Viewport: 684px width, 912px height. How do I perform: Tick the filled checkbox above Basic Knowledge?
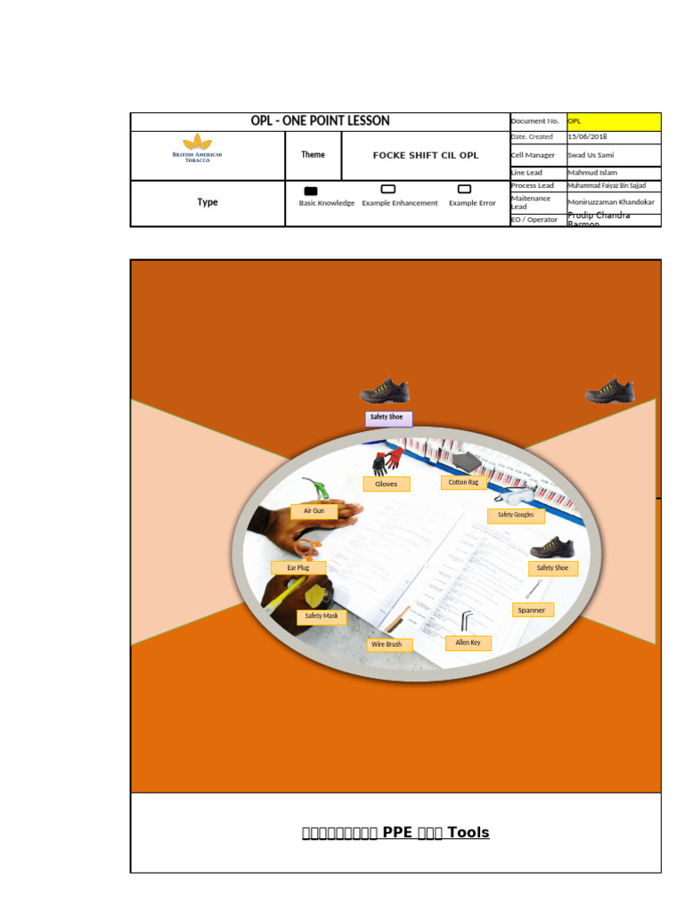pos(311,191)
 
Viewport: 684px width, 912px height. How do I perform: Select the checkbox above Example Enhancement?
pos(388,190)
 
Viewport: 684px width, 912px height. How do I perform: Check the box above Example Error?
pos(464,190)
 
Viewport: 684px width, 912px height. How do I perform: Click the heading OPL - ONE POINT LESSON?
pos(320,121)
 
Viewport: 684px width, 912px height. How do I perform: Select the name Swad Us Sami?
pos(590,155)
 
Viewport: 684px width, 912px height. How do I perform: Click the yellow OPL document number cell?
pos(614,121)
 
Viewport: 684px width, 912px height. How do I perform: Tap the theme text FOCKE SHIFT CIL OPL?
pos(425,155)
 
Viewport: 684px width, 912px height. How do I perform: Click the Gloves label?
pos(387,484)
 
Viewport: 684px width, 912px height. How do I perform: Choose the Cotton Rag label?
pos(464,482)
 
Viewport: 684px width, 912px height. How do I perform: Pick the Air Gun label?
pos(313,511)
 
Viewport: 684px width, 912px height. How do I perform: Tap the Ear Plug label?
pos(298,567)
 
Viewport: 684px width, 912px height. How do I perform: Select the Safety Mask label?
pos(322,616)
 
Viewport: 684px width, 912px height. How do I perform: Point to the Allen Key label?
pos(468,642)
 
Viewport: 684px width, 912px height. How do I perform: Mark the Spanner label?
pos(533,610)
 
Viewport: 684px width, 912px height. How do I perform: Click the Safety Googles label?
pos(516,515)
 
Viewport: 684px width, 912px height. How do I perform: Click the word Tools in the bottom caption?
pos(468,833)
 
